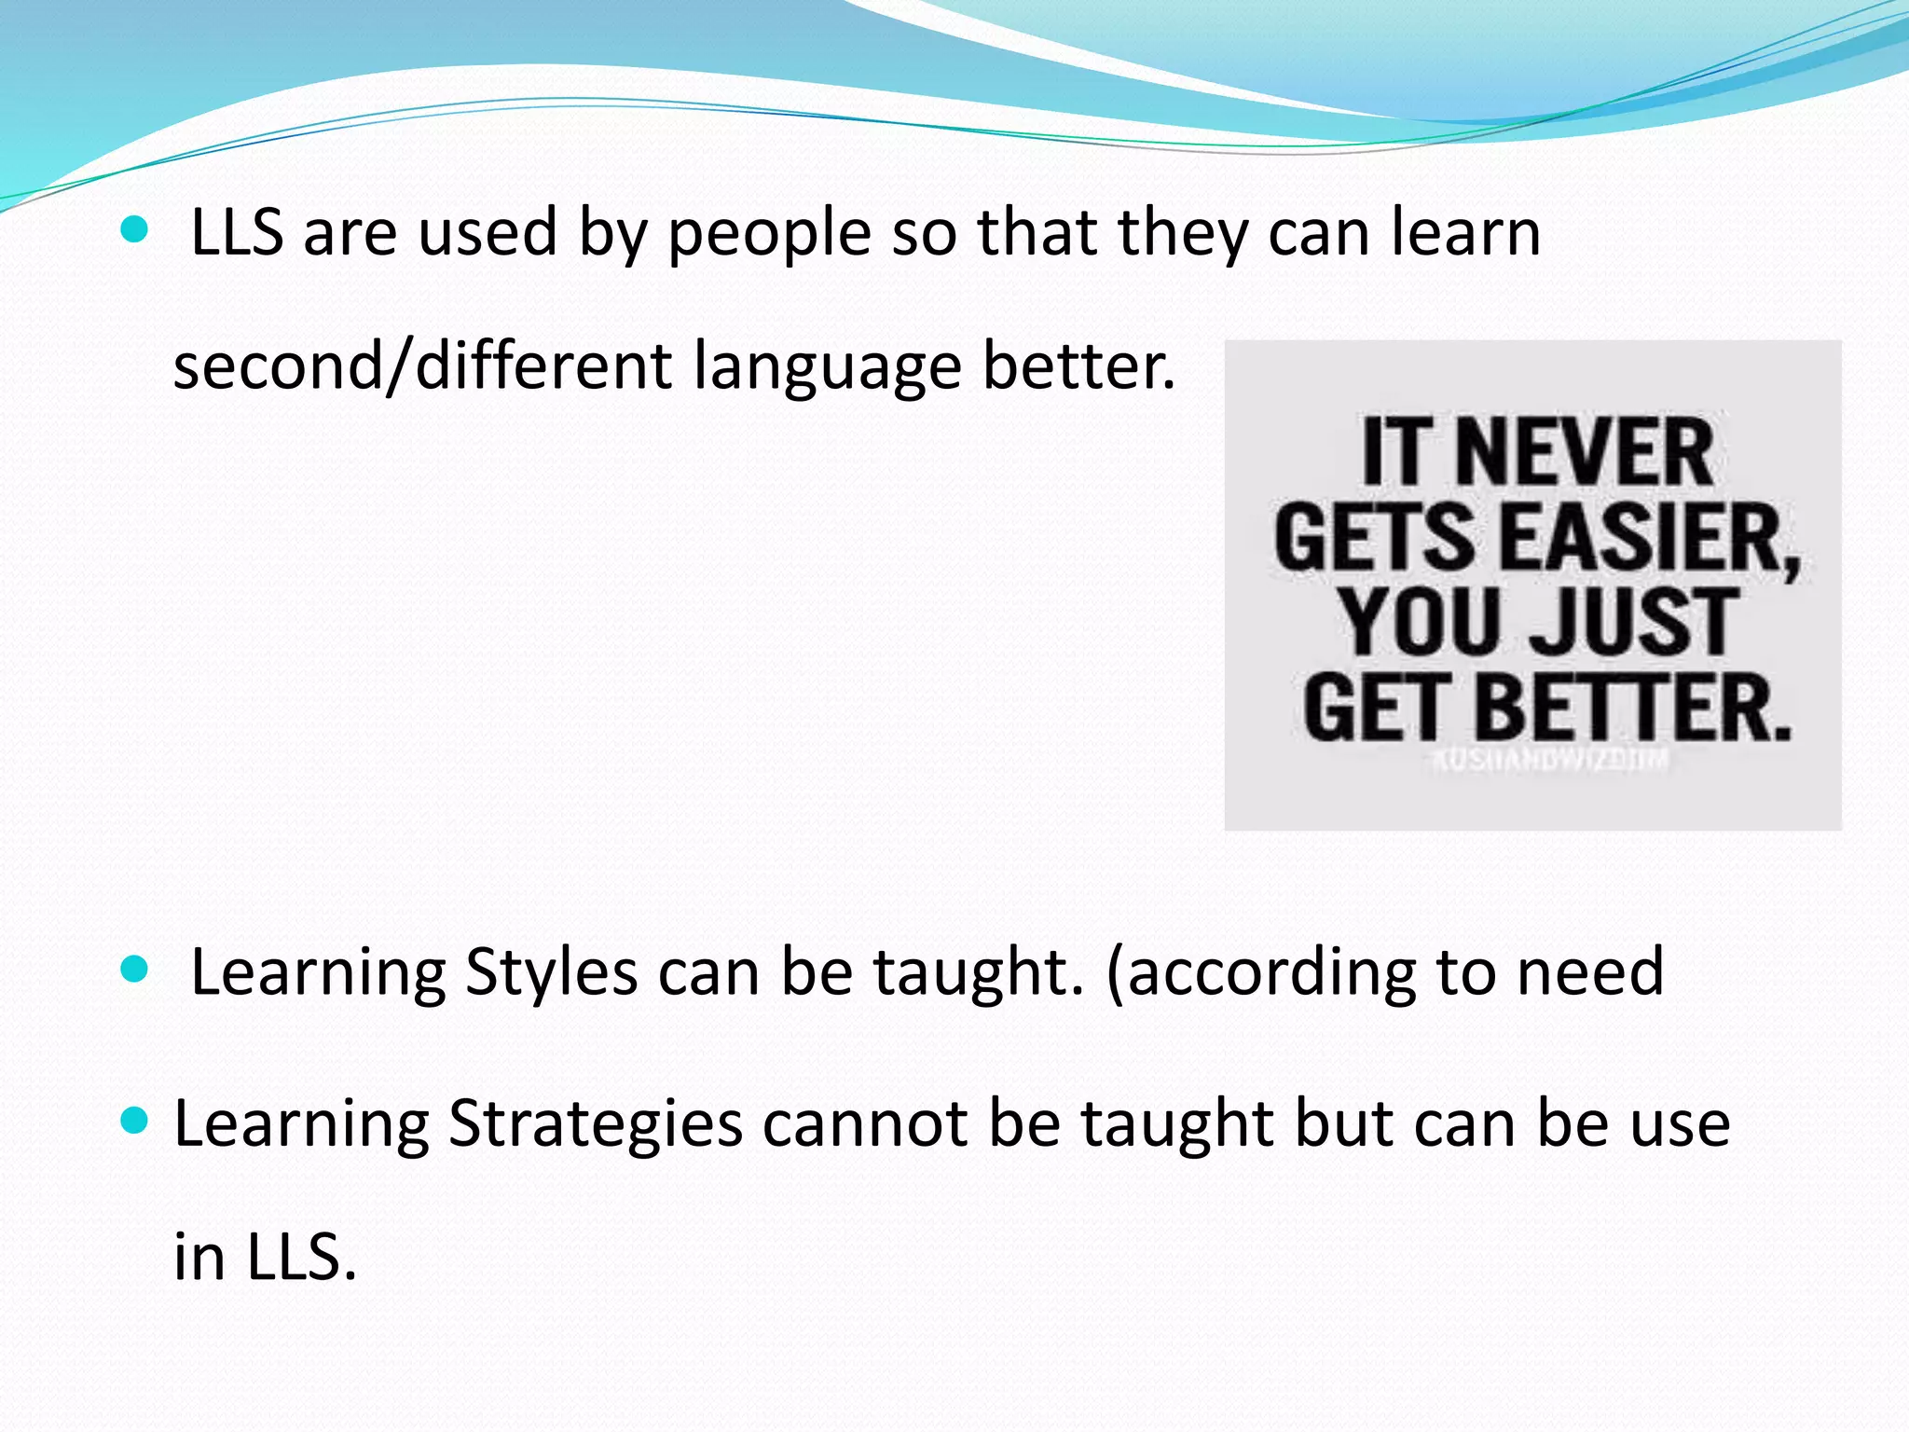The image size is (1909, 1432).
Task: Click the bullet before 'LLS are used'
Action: point(135,230)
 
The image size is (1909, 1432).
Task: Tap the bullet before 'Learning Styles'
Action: point(135,971)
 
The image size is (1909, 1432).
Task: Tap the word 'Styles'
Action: point(550,972)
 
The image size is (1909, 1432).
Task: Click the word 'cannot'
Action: point(865,1123)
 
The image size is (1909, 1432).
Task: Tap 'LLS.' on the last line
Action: point(302,1257)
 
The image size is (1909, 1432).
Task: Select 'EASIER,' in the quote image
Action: point(1650,538)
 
